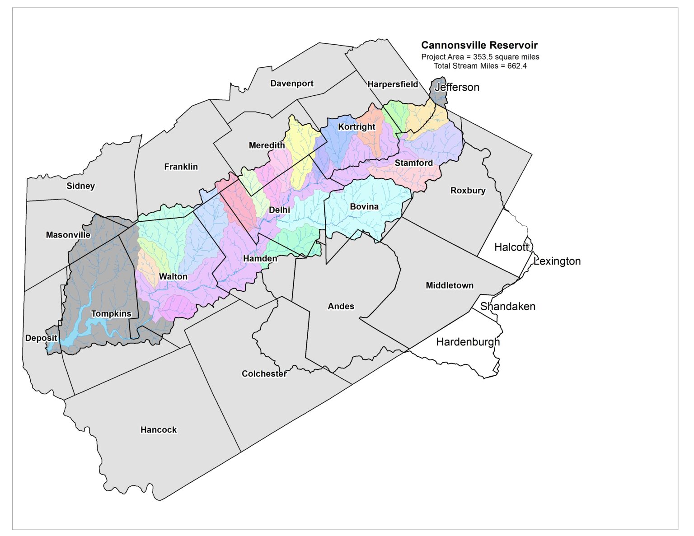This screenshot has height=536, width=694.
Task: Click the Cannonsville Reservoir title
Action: (479, 45)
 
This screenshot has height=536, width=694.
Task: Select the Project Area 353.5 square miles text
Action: (480, 57)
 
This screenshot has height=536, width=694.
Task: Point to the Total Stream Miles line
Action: (480, 66)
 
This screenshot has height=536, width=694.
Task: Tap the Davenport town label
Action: (291, 84)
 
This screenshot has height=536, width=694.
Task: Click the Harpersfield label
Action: (392, 84)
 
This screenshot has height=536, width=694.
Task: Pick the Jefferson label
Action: (457, 87)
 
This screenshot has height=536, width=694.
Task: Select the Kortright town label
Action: (356, 127)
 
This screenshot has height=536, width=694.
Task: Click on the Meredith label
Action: (267, 145)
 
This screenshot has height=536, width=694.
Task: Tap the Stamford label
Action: (413, 163)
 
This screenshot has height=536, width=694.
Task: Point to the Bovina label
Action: (364, 207)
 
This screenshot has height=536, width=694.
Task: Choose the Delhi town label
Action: (279, 210)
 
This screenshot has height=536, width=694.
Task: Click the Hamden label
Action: (260, 259)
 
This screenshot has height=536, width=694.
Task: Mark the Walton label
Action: (173, 277)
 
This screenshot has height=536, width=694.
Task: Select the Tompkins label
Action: (111, 314)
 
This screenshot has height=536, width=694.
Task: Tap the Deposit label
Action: (41, 338)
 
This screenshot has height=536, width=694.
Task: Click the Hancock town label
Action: (159, 430)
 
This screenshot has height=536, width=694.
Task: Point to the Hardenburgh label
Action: (468, 342)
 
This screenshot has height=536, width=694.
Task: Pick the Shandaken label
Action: (507, 307)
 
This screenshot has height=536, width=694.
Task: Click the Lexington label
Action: (557, 261)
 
